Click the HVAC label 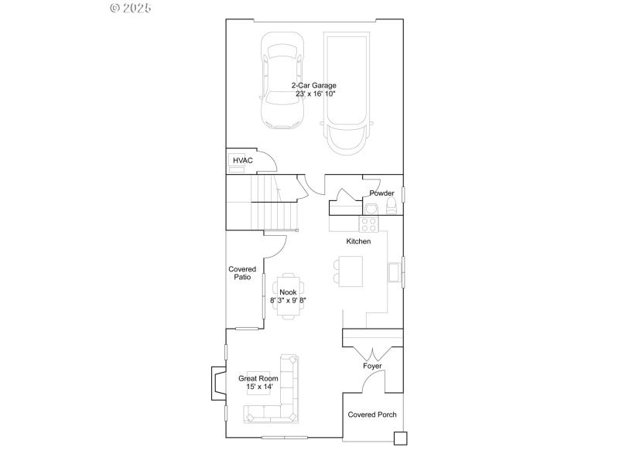(243, 160)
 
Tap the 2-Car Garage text (313, 85)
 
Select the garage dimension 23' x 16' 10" (315, 94)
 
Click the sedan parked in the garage (281, 80)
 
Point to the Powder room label (381, 193)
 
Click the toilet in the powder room (391, 205)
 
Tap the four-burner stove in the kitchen (368, 224)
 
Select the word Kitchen (358, 241)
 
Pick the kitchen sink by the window (394, 272)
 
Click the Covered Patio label (242, 274)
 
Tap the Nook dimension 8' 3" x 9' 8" (289, 300)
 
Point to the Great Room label (258, 378)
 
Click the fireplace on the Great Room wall (214, 383)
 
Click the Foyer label (372, 366)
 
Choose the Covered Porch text (372, 415)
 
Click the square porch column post (400, 438)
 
